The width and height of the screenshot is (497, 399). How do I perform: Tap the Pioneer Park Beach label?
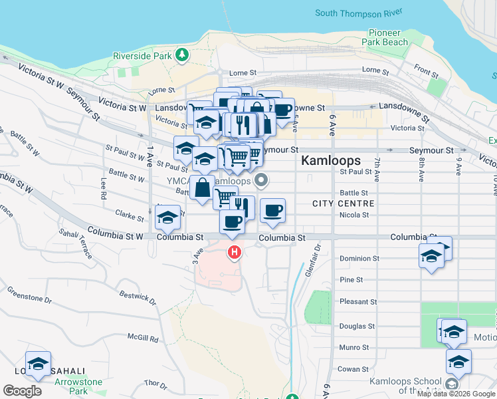click(x=385, y=37)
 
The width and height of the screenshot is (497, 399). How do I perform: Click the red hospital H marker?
click(x=234, y=252)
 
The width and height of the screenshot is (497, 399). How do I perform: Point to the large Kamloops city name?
click(x=330, y=160)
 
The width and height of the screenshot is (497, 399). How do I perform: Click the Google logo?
click(x=22, y=391)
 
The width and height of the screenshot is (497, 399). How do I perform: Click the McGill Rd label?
click(x=144, y=338)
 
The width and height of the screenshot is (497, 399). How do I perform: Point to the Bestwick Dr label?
click(x=138, y=293)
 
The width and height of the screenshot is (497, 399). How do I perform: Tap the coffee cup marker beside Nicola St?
click(x=272, y=211)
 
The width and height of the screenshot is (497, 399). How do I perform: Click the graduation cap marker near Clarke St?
click(x=168, y=217)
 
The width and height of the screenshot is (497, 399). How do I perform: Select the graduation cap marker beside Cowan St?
click(x=458, y=362)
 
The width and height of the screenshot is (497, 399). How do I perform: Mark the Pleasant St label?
click(x=358, y=302)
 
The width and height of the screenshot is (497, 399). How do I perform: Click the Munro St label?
click(x=354, y=347)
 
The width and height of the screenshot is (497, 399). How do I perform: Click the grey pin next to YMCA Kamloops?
click(x=262, y=179)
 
